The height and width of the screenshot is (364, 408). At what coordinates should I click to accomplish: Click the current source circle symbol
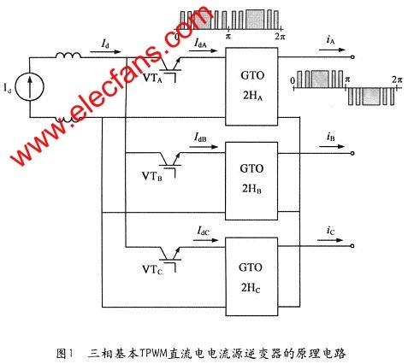point(30,86)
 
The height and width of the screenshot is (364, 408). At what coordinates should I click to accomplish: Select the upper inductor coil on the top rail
point(68,56)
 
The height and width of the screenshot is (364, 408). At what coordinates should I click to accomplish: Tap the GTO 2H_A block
point(251,86)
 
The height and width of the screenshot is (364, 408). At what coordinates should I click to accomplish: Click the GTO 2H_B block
point(251,181)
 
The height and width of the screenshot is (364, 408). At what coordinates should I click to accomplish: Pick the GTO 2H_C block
point(251,276)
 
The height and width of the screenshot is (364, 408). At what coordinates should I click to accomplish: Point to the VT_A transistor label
point(152,78)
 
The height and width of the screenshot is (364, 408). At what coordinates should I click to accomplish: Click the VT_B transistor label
point(152,176)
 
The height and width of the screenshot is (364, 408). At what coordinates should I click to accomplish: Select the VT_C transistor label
point(152,269)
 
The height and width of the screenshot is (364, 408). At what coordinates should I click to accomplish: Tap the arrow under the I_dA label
point(204,51)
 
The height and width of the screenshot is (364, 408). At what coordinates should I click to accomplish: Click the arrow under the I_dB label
point(204,147)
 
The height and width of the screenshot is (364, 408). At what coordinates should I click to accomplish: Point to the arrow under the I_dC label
point(205,240)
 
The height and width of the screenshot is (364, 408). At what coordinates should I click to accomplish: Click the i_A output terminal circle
point(352,57)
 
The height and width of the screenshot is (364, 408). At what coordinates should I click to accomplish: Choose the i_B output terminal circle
point(352,153)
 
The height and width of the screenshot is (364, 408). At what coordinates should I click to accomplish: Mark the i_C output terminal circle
point(352,246)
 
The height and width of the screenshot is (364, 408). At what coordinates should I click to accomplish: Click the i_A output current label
point(330,40)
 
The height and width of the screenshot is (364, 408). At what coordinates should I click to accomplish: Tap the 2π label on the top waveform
point(280,37)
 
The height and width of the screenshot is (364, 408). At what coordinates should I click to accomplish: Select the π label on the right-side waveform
point(347,79)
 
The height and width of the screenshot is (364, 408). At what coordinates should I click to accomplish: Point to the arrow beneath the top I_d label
point(105,52)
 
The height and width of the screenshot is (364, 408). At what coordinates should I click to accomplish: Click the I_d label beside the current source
point(8,88)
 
